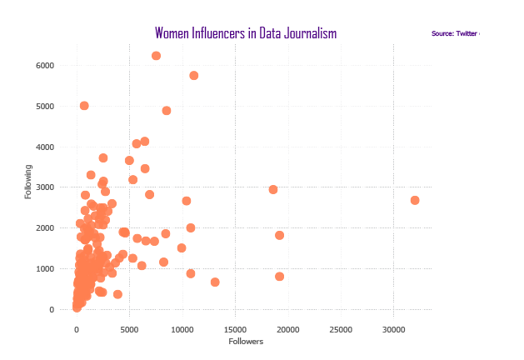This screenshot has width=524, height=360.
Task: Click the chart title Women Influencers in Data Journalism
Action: click(246, 33)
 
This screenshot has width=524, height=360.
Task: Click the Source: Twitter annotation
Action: click(455, 33)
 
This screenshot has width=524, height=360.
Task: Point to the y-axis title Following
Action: click(28, 181)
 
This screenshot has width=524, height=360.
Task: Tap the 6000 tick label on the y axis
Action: click(45, 66)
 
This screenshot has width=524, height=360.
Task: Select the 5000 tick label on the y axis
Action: click(45, 107)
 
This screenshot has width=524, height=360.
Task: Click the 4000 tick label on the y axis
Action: click(45, 147)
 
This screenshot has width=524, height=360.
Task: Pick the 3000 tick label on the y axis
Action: click(45, 187)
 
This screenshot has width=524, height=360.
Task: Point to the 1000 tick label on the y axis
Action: click(45, 269)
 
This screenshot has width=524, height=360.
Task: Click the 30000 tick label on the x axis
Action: click(394, 328)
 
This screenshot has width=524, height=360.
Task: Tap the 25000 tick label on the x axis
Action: click(341, 328)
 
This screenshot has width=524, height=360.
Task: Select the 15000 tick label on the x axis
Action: click(235, 328)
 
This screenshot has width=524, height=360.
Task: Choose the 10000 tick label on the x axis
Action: click(182, 328)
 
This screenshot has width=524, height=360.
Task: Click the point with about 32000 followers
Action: click(415, 200)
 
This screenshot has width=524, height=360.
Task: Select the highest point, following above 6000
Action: click(156, 56)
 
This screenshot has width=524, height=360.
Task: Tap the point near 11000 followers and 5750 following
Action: click(194, 76)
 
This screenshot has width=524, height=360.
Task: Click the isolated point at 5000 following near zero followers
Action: click(84, 106)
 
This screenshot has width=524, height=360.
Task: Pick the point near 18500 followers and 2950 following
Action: click(273, 189)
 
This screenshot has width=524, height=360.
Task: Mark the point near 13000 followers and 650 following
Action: click(215, 282)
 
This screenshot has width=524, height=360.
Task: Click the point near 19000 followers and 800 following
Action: click(280, 277)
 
